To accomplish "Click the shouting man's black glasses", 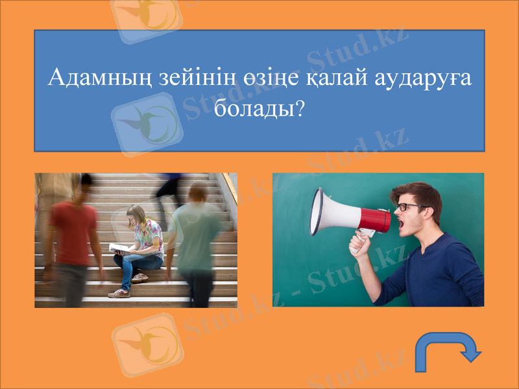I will pos(411,207).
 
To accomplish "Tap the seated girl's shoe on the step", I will pos(120,293).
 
